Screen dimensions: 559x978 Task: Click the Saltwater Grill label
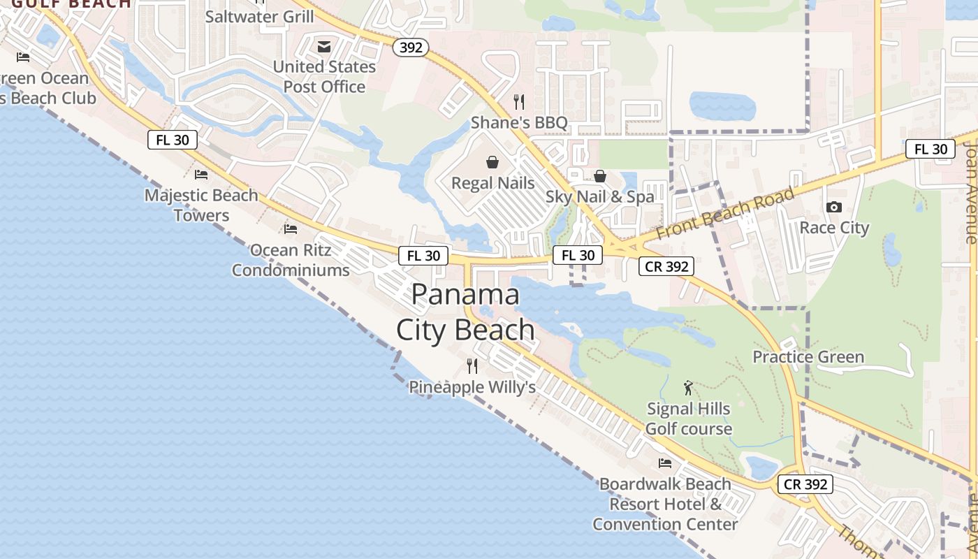tap(259, 16)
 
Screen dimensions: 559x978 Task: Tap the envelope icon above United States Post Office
tap(324, 47)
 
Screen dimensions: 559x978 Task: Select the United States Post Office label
tap(324, 77)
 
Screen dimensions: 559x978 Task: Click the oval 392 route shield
tap(410, 47)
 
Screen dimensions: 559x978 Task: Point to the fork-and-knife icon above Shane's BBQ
tap(519, 102)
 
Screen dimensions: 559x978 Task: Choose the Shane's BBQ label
tap(519, 123)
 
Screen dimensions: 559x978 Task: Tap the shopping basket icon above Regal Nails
tap(493, 163)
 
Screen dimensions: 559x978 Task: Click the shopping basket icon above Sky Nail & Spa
tap(599, 176)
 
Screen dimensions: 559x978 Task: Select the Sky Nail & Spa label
tap(599, 196)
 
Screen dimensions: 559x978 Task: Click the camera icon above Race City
tap(833, 207)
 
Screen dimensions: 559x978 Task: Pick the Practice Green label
tap(808, 357)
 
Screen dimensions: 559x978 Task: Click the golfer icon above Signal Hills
tap(688, 388)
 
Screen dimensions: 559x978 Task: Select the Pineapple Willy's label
tap(472, 387)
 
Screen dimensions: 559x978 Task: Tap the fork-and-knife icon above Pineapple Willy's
tap(472, 365)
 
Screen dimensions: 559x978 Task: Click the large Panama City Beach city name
tap(465, 312)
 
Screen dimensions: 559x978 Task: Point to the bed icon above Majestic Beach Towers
tap(201, 175)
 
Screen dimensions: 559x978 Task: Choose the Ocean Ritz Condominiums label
tap(291, 260)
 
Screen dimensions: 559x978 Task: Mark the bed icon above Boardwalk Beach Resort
tap(665, 463)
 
